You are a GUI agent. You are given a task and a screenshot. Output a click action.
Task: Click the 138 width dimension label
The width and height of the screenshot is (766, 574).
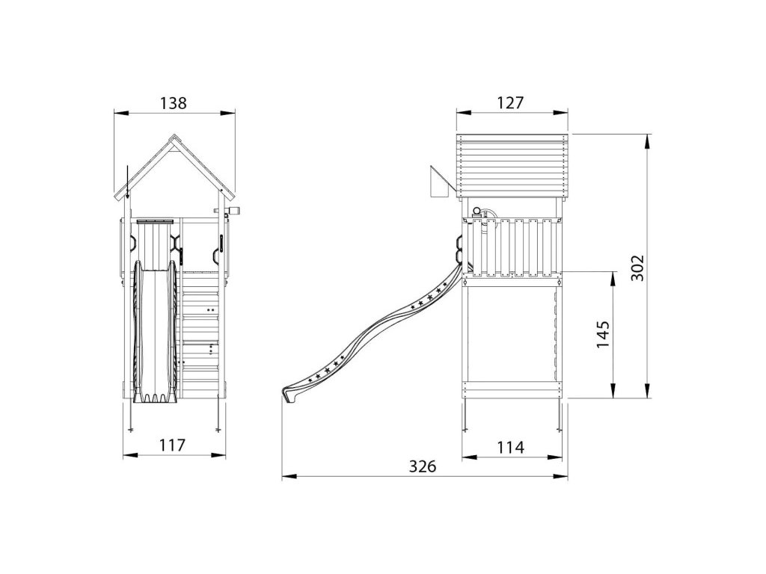coord(174,103)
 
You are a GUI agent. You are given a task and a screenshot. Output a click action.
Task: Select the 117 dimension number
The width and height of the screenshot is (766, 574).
coord(173,445)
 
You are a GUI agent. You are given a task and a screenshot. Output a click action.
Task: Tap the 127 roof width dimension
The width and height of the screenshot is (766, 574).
coord(510,102)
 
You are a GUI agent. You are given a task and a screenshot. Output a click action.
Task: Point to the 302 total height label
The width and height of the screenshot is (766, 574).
coord(637,268)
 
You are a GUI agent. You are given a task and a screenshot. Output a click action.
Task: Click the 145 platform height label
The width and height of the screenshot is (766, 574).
coord(602,334)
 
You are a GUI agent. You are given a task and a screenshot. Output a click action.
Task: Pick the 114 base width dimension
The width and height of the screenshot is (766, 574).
coord(510,447)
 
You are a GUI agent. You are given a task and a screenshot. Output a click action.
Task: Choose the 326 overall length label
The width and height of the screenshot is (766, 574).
coord(422,466)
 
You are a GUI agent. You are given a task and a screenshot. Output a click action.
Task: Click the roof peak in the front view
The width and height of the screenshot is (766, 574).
coord(174,135)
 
